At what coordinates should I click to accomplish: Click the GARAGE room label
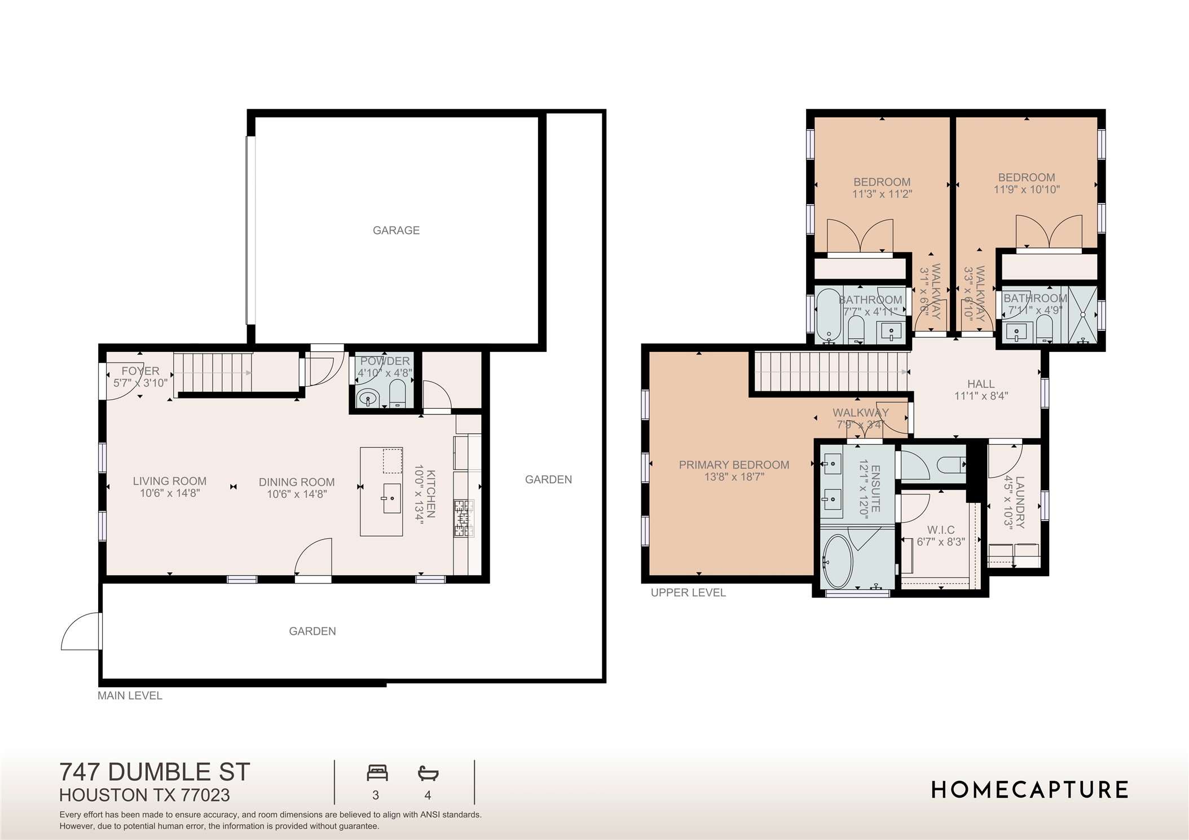[396, 230]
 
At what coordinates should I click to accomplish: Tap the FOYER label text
[140, 371]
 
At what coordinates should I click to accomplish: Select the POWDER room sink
[368, 398]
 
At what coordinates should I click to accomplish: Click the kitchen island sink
[391, 498]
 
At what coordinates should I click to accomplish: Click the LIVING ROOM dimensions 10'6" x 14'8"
[170, 493]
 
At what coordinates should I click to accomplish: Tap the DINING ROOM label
[297, 482]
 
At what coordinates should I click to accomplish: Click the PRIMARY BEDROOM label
[734, 465]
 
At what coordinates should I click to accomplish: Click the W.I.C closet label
[941, 530]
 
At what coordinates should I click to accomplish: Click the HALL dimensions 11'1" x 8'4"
[981, 396]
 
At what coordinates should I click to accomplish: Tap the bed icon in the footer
[377, 772]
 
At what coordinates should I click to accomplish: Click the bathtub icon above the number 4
[428, 773]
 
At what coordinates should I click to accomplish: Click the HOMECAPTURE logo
[1029, 790]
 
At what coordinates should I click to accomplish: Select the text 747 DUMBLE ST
[155, 772]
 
